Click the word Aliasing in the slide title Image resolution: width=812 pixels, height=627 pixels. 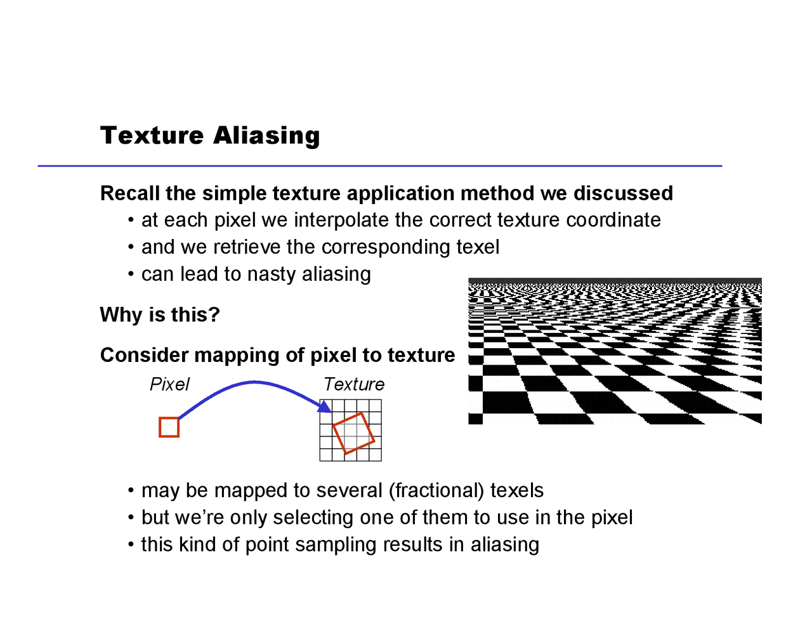pyautogui.click(x=266, y=135)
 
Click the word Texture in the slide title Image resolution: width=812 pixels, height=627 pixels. pyautogui.click(x=152, y=135)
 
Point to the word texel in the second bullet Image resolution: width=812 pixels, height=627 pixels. pyautogui.click(x=478, y=247)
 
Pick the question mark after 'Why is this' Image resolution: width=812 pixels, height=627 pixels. pyautogui.click(x=214, y=315)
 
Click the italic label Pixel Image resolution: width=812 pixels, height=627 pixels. pyautogui.click(x=169, y=384)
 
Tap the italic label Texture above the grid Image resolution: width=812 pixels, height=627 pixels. pyautogui.click(x=354, y=384)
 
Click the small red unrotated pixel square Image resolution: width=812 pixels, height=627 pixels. pyautogui.click(x=169, y=427)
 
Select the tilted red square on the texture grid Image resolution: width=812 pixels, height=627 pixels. pyautogui.click(x=353, y=433)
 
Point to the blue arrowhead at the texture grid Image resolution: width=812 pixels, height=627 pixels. pyautogui.click(x=325, y=406)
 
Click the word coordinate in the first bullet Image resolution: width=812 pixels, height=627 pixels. pyautogui.click(x=613, y=220)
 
